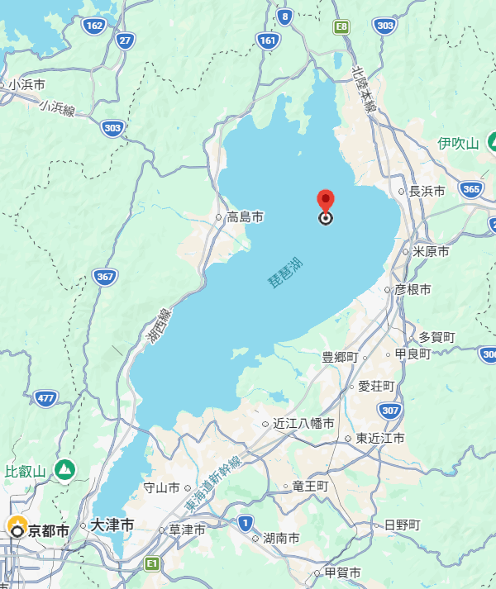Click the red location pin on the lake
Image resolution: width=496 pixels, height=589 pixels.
tap(326, 201)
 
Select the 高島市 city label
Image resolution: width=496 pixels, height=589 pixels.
tap(245, 217)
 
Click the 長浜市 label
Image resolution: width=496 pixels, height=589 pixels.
tap(427, 191)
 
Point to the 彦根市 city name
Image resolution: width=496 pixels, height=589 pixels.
tap(413, 290)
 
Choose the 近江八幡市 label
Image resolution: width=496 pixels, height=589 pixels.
tap(303, 424)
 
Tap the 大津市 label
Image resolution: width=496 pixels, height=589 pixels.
tap(111, 525)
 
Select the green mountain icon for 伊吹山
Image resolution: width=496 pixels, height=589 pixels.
tap(494, 141)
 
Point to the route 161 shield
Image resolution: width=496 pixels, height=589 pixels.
tap(267, 39)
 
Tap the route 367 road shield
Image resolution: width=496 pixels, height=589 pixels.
tap(104, 277)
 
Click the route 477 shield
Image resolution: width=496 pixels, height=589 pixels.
tap(45, 399)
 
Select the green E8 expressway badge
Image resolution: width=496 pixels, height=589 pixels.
tap(341, 27)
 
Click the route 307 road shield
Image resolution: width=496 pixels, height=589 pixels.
tap(390, 410)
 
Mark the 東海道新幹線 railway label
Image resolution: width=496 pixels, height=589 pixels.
tap(212, 482)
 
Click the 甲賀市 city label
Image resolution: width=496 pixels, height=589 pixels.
tap(341, 572)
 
